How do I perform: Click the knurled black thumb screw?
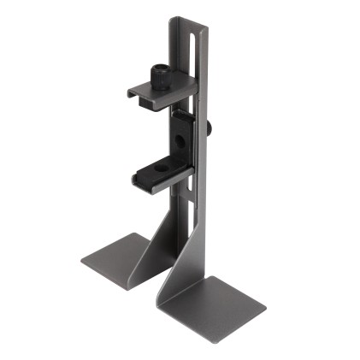click(159, 78)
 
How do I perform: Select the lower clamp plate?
click(162, 175)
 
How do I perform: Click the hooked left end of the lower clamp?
click(138, 179)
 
